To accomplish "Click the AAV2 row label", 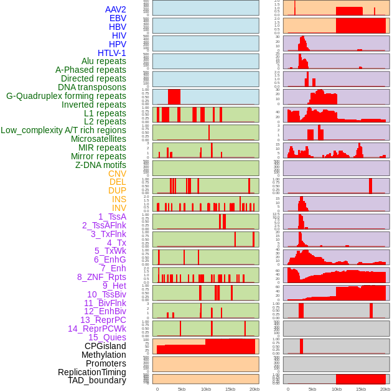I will point(115,9).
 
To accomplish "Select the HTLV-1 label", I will point(111,53).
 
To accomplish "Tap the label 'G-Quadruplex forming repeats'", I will point(66,96).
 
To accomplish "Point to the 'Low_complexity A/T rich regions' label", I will point(63,130).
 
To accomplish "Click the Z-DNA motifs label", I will point(100,165).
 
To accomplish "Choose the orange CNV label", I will point(117,174).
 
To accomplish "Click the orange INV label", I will point(119,208).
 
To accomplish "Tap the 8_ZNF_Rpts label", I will point(101,277).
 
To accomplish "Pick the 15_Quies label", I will point(107,337).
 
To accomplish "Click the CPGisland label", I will point(105,346).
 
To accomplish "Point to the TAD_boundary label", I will point(97,380).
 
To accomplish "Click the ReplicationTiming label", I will point(92,372).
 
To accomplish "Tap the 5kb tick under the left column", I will point(182,389).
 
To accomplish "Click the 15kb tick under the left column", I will point(230,389).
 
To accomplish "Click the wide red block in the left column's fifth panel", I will point(174,97).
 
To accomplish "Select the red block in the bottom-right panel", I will point(360,379).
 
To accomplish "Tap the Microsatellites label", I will point(98,139).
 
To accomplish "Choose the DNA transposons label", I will point(92,87).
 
